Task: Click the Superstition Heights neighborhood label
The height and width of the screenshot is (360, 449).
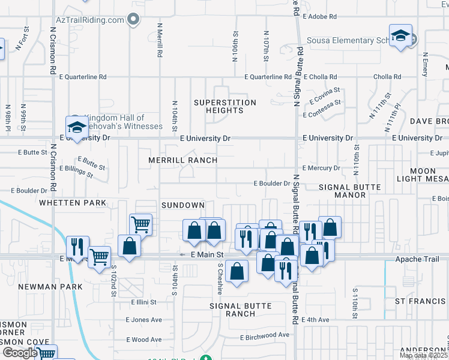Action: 225,106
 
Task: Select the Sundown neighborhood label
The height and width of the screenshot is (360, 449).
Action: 183,205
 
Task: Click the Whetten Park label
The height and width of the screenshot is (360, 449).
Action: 72,203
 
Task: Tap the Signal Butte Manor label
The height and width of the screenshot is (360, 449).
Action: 349,191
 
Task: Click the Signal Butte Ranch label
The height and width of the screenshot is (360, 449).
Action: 240,310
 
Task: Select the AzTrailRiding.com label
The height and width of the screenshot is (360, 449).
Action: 90,19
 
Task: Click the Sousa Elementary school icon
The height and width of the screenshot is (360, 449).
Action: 400,35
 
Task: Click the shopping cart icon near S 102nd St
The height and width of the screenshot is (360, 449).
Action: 99,256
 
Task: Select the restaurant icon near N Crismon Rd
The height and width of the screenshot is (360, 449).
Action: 77,245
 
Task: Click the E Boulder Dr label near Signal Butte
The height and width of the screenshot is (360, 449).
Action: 272,183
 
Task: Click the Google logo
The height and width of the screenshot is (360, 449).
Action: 19,353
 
